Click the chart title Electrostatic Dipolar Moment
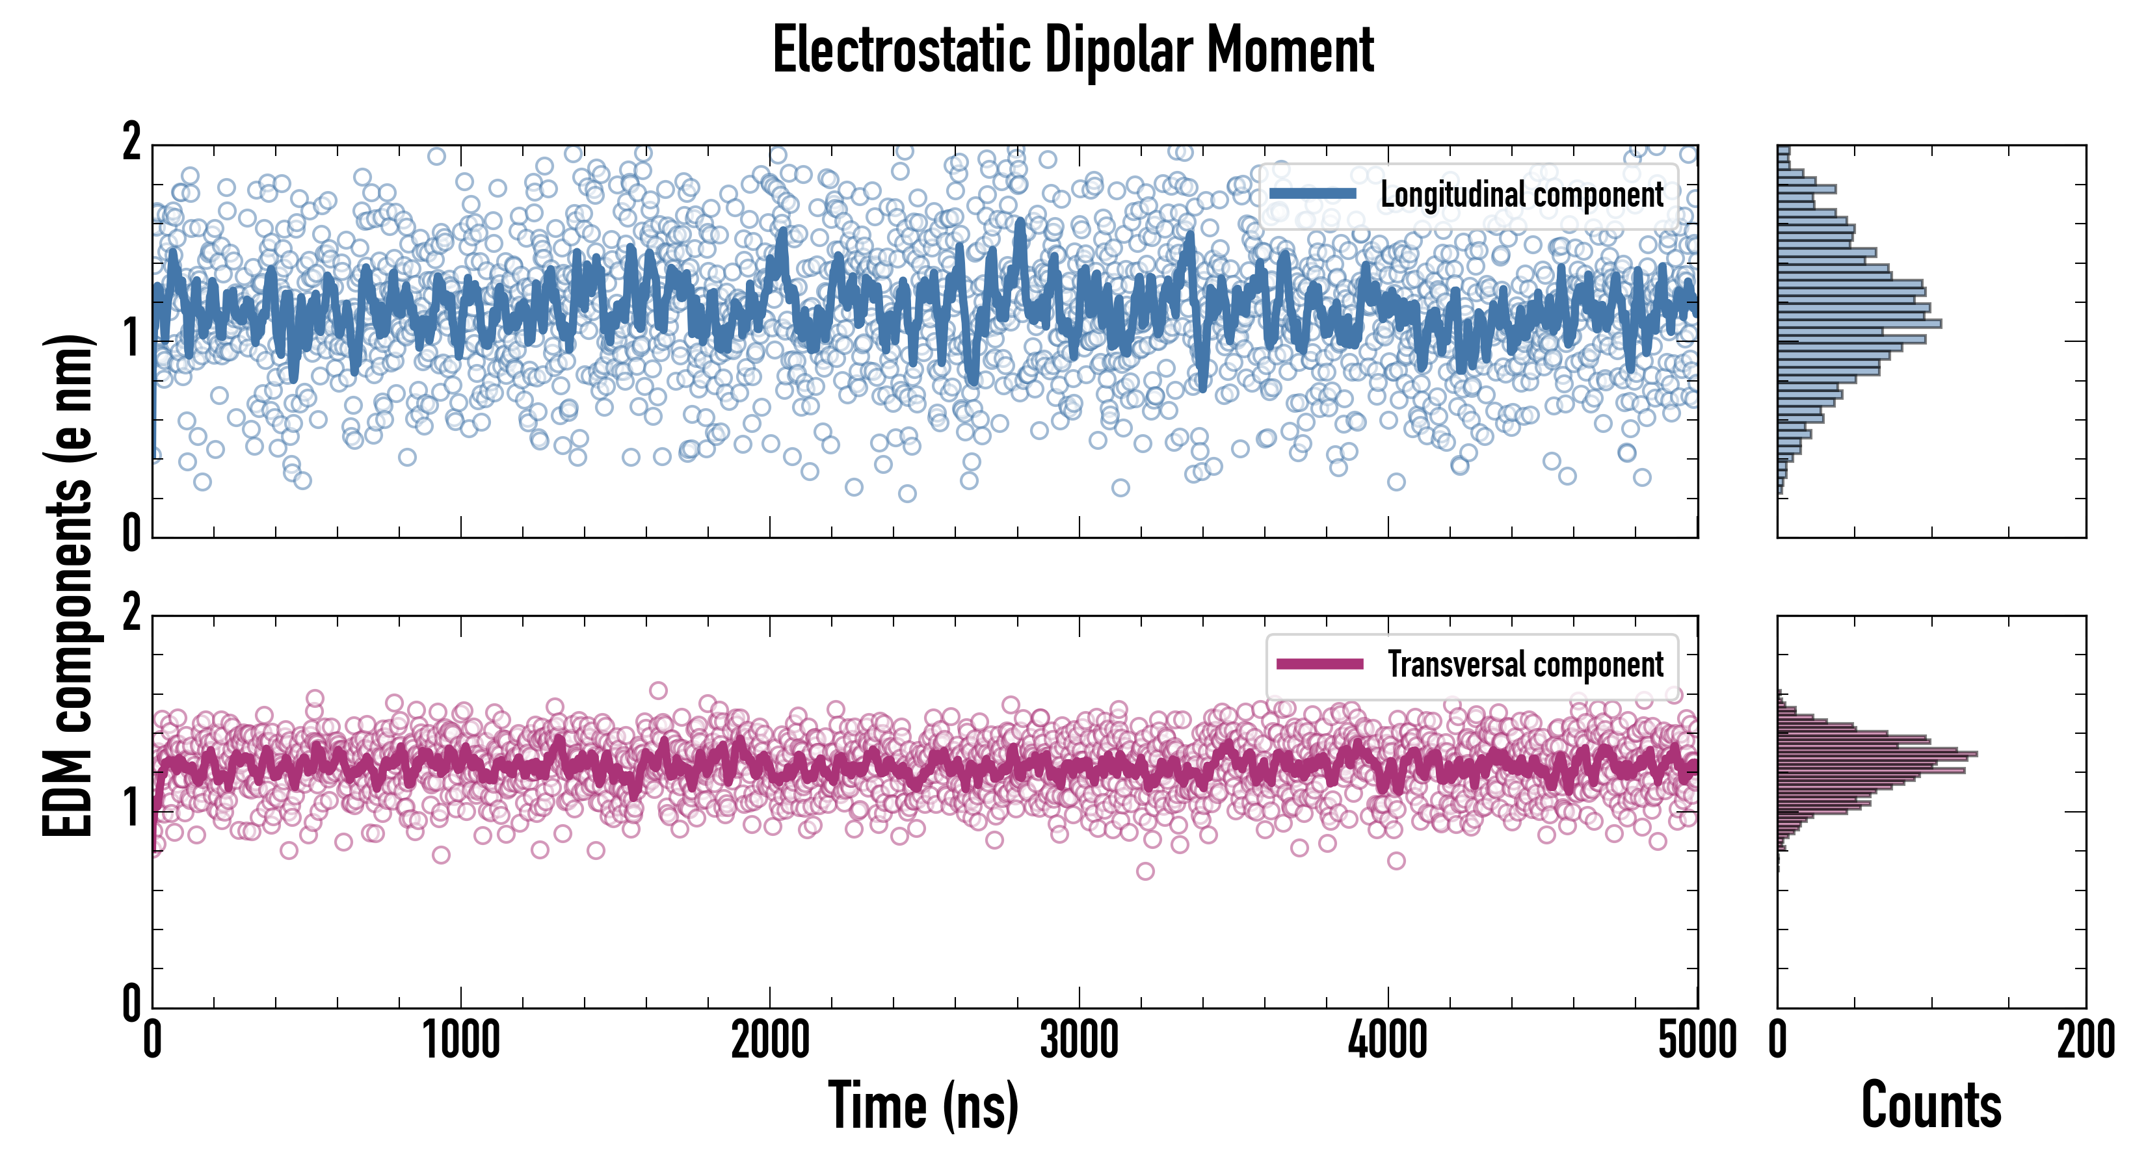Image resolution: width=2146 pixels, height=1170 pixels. point(1073,50)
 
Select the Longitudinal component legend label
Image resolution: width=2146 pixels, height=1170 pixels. point(1521,195)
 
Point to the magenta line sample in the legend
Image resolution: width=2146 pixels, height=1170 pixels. point(1319,664)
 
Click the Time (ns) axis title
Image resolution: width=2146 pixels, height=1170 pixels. point(923,1106)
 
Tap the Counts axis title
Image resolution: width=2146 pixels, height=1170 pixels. point(1931,1106)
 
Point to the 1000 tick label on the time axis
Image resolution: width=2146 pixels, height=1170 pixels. point(460,1041)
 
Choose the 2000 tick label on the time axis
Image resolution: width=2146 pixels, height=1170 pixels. point(770,1041)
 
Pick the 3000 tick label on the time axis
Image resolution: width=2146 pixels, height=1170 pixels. point(1079,1041)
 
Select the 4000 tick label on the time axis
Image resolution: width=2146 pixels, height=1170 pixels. point(1388,1041)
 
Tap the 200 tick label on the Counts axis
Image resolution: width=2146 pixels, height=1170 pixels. point(2085,1041)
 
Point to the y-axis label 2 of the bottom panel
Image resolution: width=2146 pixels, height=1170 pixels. point(131,614)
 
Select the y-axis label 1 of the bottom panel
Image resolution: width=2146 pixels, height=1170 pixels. point(131,809)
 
